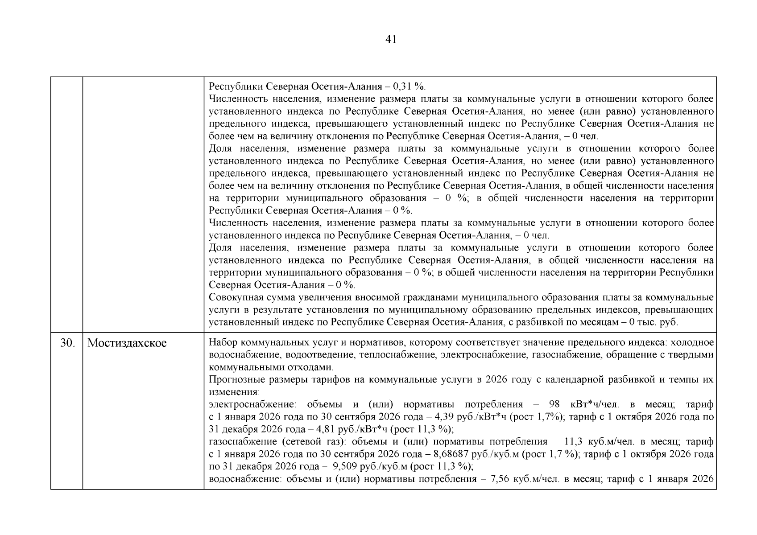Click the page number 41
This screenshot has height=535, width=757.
(x=390, y=40)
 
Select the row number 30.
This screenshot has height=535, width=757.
(x=67, y=343)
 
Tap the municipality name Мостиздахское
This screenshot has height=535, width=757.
(x=127, y=343)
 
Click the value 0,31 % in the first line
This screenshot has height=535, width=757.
(x=409, y=86)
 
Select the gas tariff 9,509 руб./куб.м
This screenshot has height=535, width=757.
(x=370, y=467)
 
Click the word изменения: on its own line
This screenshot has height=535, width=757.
(x=234, y=392)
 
